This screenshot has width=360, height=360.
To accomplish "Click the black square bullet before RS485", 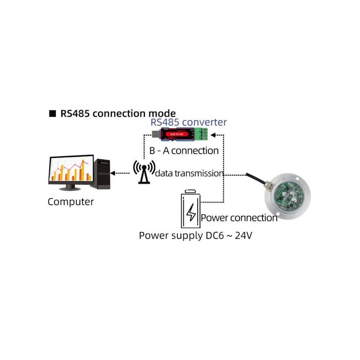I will click(x=52, y=114).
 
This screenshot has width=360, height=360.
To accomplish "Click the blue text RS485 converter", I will click(x=189, y=122).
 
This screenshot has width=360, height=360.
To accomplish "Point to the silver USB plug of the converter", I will click(x=154, y=134).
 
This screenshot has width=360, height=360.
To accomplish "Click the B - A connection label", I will click(x=184, y=151).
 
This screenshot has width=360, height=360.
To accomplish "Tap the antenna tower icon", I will click(x=143, y=172).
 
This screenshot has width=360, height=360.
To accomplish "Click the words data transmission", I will click(x=189, y=173).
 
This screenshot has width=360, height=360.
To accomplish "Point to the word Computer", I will click(x=70, y=202).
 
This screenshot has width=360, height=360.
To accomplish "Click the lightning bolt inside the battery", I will click(x=191, y=212).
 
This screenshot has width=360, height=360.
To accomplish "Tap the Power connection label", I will click(x=239, y=218).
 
